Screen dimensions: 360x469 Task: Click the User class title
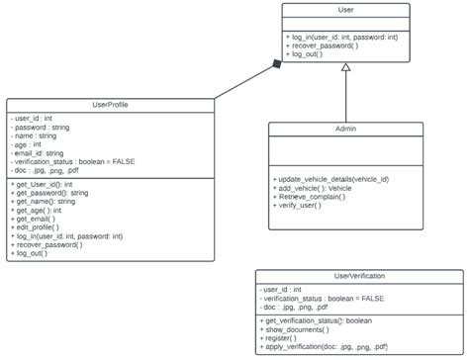345,10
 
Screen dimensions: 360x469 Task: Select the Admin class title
345,129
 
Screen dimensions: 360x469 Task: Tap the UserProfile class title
109,104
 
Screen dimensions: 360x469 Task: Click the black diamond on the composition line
277,65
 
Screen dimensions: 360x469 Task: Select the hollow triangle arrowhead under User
345,68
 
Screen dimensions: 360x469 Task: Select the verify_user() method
302,206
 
